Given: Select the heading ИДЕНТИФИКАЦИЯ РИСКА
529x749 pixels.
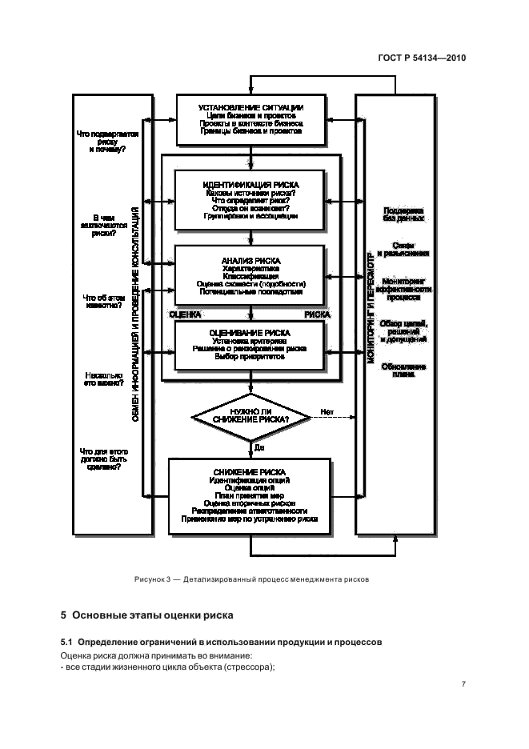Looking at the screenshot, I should (251, 184).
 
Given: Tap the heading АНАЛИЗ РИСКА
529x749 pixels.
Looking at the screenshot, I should (251, 261).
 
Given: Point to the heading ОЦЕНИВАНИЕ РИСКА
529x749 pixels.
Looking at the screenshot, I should (250, 331).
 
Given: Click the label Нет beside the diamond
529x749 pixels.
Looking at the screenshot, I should (327, 412).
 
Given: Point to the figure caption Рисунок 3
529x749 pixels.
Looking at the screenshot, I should (250, 578).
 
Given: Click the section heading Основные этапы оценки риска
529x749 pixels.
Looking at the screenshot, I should (146, 616).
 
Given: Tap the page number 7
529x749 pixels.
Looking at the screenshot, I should (463, 685).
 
